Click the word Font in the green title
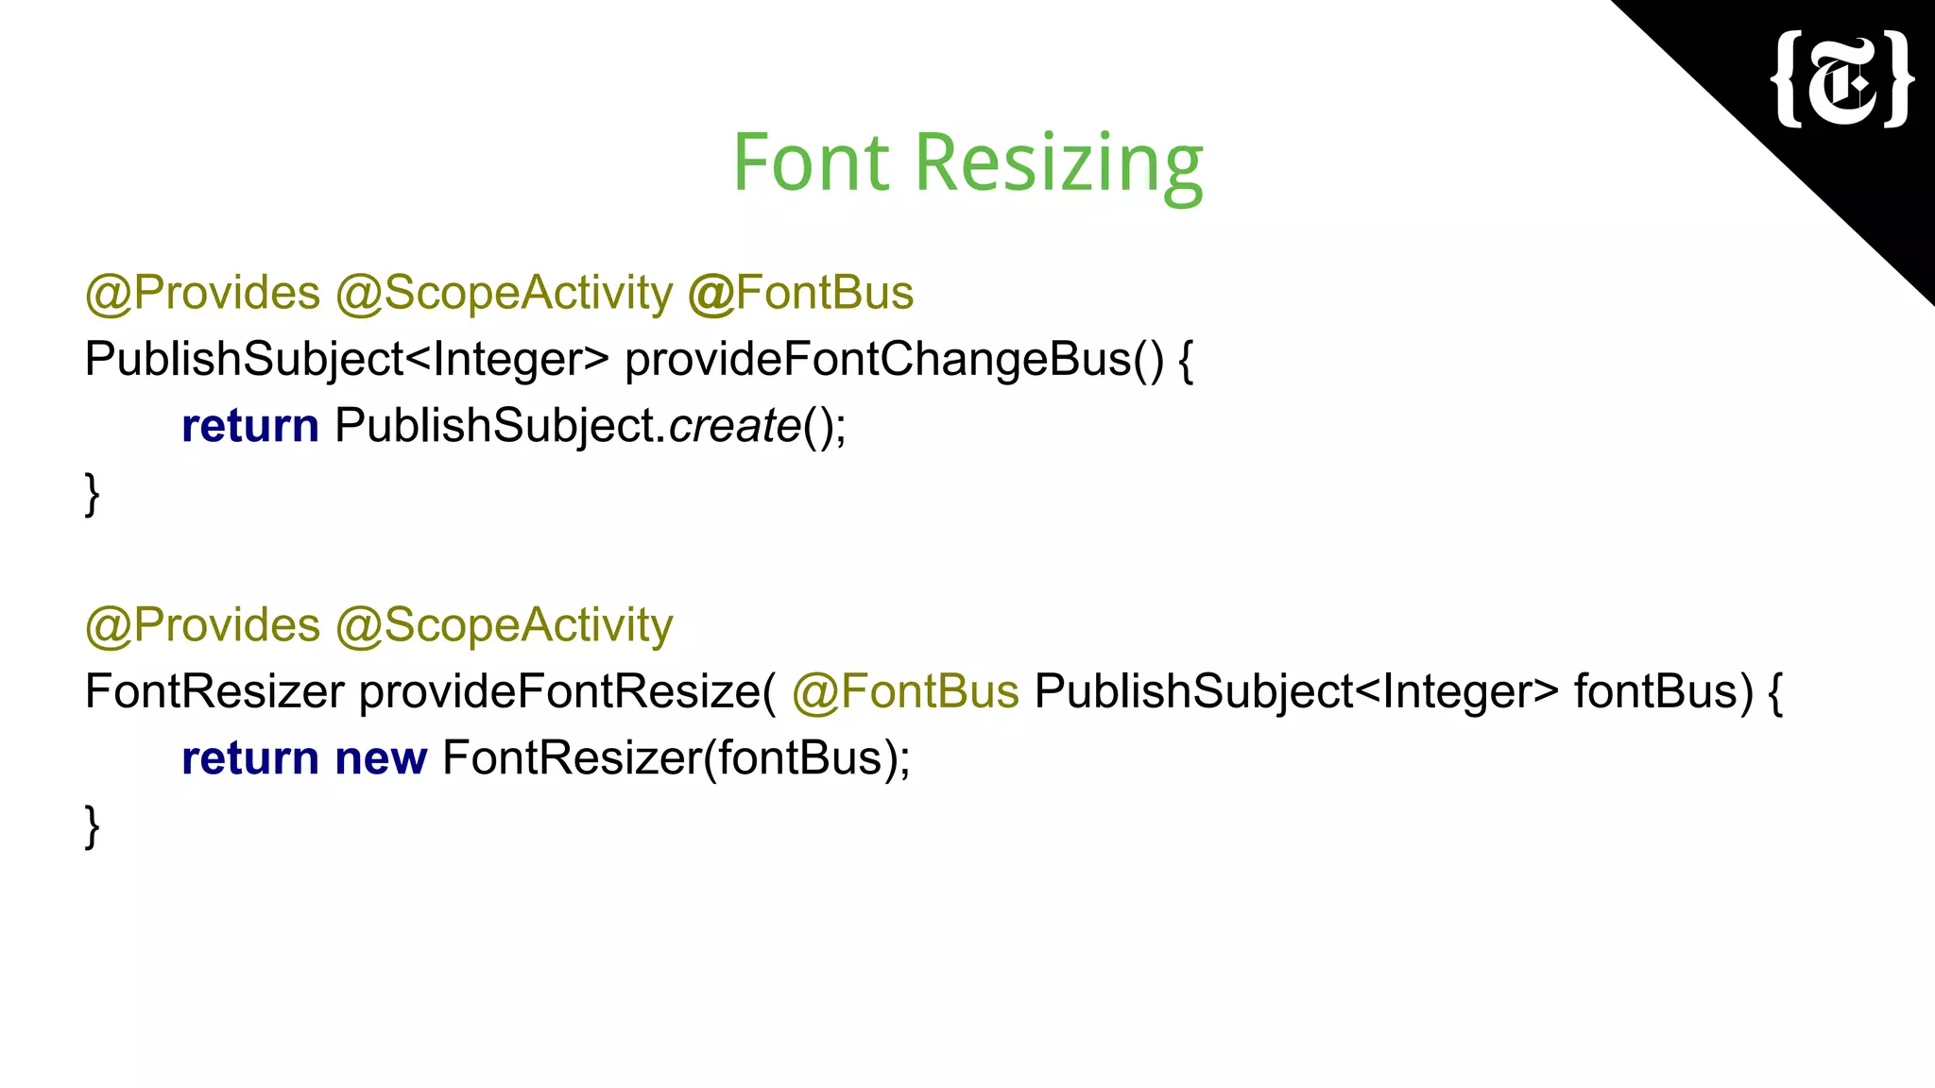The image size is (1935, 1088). coord(812,163)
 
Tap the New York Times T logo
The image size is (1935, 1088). coord(1843,80)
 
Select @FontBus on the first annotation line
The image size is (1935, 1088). coord(800,293)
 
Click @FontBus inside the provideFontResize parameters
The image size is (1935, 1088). coord(905,691)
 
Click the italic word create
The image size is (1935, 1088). coord(735,426)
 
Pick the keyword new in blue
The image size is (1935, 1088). coord(381,758)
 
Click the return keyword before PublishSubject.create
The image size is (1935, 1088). coord(249,426)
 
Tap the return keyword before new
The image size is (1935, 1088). coord(249,758)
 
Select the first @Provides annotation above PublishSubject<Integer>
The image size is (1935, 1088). coord(202,293)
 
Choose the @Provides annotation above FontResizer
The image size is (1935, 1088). coord(202,625)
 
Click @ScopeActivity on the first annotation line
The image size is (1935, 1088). coord(504,293)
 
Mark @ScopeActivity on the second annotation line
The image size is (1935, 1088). coord(504,625)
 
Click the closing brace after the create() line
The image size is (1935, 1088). coord(92,493)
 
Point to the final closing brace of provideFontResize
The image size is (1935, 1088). coord(92,825)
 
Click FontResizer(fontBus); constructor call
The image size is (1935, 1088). coord(676,758)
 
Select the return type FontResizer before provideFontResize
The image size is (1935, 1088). coord(214,691)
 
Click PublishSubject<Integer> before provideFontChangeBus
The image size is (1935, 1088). coord(347,360)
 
